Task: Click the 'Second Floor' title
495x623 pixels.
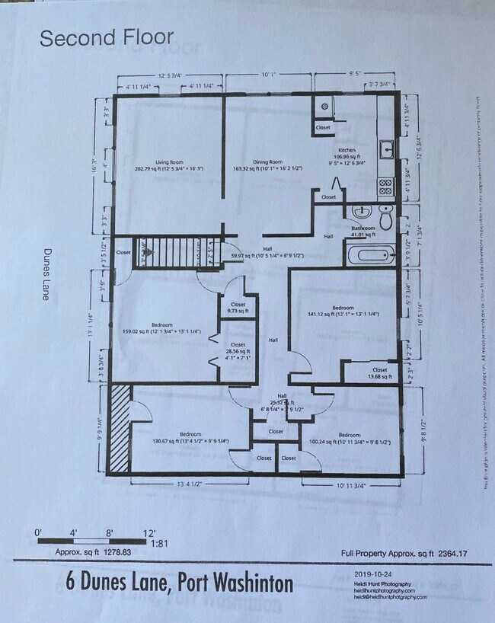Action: pyautogui.click(x=107, y=37)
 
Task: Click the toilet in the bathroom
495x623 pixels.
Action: pyautogui.click(x=386, y=219)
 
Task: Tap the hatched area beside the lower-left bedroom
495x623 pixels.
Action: pyautogui.click(x=120, y=431)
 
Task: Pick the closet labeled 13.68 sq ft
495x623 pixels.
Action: pyautogui.click(x=378, y=373)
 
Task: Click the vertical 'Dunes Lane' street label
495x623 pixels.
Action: pyautogui.click(x=47, y=274)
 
